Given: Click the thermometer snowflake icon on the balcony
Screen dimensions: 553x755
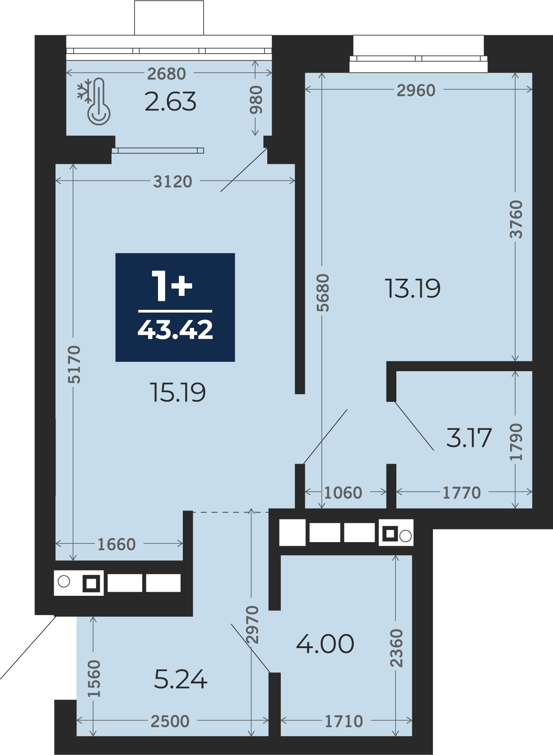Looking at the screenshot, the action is tap(94, 101).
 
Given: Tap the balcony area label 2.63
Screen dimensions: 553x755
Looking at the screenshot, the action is tap(170, 102).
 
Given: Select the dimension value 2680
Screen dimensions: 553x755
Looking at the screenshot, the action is tap(167, 74).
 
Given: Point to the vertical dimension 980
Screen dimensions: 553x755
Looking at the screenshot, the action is tap(256, 99).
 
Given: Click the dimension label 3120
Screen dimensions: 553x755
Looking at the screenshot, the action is tap(173, 182).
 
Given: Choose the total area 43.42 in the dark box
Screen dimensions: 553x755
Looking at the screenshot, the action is tap(175, 329).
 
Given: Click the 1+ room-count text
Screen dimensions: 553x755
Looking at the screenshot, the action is tap(172, 286).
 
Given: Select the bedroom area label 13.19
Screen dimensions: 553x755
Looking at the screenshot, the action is tap(412, 289).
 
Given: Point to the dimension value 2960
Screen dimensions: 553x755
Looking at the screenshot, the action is tap(416, 90).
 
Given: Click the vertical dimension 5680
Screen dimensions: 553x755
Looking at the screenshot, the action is tap(323, 293).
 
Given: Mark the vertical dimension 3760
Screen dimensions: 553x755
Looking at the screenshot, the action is tap(516, 220).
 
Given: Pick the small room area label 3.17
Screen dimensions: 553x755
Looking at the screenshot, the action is tap(469, 438).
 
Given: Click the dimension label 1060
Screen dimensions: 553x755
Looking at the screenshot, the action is tap(343, 493).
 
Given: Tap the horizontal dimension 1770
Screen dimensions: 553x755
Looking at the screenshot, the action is tap(461, 493).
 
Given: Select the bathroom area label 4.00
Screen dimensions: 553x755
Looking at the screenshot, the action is tap(325, 644).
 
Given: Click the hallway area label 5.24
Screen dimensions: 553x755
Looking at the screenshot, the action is tap(181, 680).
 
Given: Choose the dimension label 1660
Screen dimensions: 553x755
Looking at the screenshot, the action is tap(116, 545).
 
